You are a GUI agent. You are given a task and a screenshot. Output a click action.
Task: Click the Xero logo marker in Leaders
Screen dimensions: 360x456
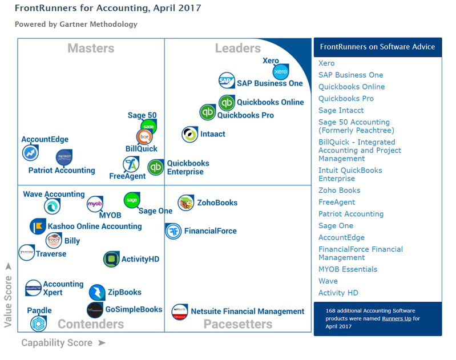point(281,72)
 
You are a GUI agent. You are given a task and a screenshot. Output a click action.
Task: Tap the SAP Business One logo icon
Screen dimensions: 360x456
point(227,81)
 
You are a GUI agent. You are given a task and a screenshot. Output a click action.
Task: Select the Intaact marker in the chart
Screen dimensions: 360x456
point(189,134)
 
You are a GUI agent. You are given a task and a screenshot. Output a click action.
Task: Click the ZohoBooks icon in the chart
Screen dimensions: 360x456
point(185,203)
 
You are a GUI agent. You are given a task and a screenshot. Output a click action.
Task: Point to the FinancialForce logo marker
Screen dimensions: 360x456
point(173,231)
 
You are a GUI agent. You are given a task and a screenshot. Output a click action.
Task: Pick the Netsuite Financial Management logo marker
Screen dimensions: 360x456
point(180,312)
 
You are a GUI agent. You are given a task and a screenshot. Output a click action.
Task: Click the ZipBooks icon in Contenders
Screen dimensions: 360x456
point(97,293)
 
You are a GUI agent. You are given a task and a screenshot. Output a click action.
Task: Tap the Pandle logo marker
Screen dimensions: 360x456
point(38,323)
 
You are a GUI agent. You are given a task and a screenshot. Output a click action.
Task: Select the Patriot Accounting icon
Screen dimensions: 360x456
point(64,157)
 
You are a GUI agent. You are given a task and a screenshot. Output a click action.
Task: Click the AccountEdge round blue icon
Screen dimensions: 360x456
point(30,153)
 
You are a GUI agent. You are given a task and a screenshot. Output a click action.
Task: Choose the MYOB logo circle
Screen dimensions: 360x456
point(95,204)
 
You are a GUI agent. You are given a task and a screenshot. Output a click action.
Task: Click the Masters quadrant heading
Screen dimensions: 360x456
point(91,48)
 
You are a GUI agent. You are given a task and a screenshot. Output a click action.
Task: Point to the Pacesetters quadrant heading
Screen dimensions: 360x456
point(238,324)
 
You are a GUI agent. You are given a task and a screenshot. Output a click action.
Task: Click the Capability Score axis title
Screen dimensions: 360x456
point(57,343)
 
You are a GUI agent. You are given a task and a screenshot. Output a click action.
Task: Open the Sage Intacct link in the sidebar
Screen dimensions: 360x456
point(341,110)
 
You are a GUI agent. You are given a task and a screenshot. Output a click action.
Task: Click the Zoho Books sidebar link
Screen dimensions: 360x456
point(339,190)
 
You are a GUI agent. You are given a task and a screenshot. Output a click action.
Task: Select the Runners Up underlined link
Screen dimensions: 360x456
point(396,318)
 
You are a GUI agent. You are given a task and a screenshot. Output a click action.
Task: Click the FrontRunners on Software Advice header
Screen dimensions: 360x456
point(377,47)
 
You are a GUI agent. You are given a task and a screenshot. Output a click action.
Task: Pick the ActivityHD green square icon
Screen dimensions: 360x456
point(111,260)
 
